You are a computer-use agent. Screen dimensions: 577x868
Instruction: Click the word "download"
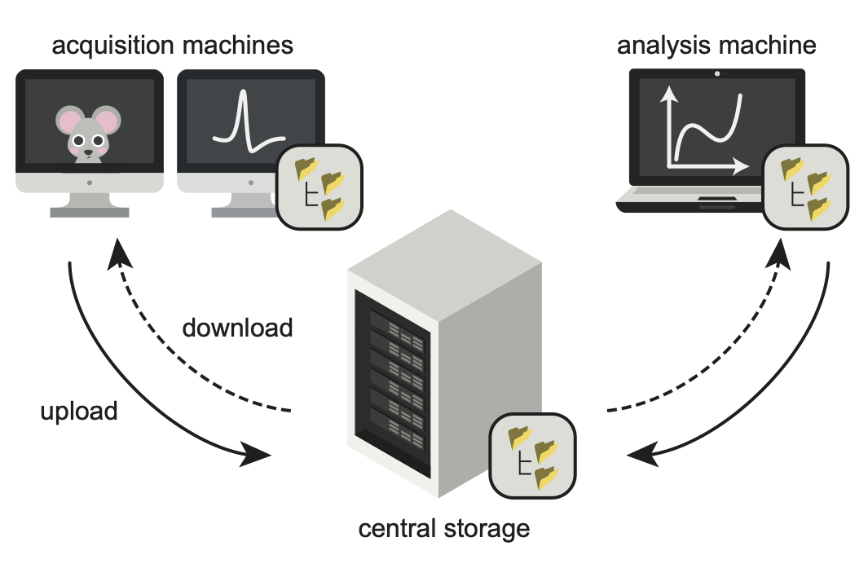(x=237, y=328)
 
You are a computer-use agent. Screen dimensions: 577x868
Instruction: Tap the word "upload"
(x=79, y=411)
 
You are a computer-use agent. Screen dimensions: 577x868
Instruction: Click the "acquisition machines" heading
(x=173, y=45)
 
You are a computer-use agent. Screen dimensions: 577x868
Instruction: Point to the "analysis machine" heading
(x=716, y=45)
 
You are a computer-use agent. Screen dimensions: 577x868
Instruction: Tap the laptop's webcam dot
(x=717, y=74)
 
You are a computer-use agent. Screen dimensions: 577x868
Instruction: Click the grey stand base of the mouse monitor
(x=90, y=212)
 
